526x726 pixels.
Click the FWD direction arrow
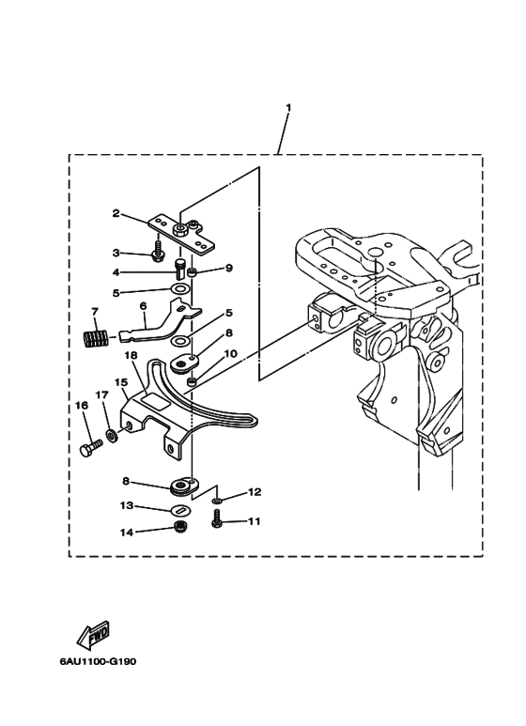pos(93,633)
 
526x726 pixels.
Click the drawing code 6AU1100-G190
pos(99,661)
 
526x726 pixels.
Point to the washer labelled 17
pos(111,436)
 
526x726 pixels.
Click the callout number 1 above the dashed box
pos(288,108)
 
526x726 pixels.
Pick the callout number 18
pos(131,356)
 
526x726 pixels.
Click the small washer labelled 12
pos(217,501)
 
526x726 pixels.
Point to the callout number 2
pos(116,213)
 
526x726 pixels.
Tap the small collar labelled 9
pos(194,272)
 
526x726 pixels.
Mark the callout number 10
pos(230,354)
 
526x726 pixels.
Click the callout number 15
pos(121,382)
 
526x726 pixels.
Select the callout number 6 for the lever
pos(143,306)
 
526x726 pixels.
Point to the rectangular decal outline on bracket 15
pos(155,399)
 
